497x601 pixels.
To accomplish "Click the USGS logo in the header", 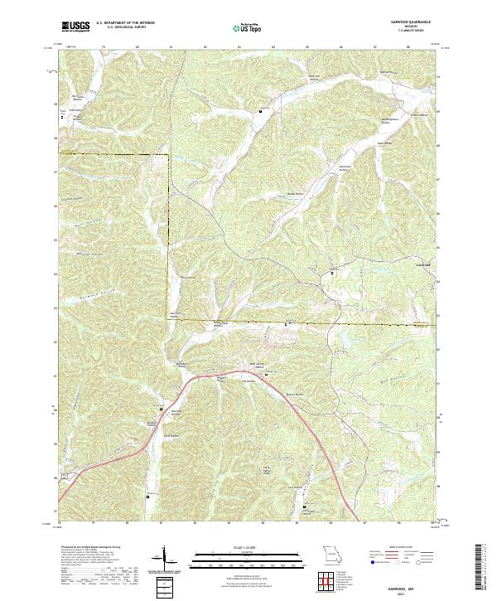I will (75, 27).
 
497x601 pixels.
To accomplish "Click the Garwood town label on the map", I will (422, 264).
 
